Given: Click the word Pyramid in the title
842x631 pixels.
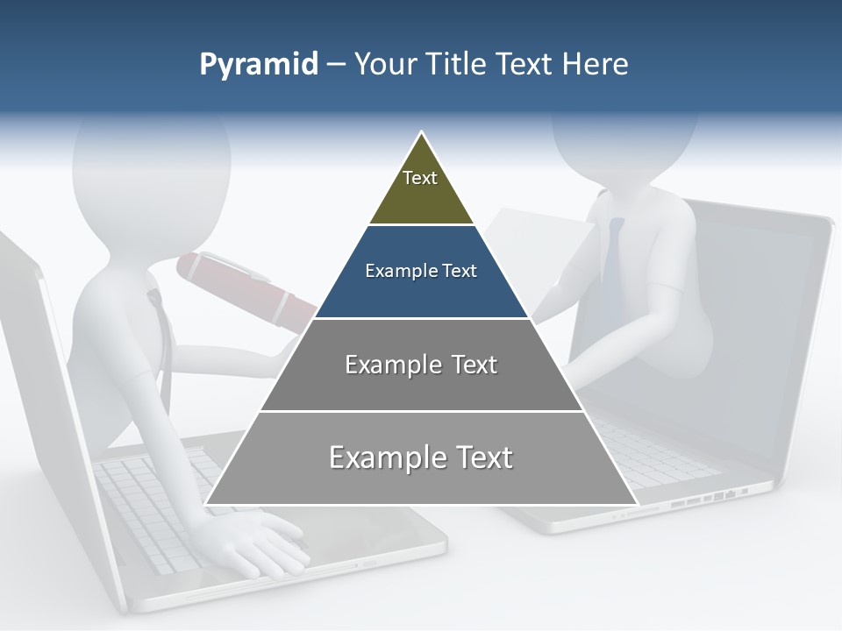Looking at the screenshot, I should point(258,65).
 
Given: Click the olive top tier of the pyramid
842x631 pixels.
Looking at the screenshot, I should point(421,188).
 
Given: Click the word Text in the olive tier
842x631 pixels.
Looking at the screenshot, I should point(420,178).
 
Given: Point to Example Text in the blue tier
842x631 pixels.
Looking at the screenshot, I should point(421,271).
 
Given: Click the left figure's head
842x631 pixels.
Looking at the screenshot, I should point(149,167).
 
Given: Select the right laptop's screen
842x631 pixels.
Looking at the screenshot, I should point(754,333).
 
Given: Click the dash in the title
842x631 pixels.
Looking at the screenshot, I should point(336,65).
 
